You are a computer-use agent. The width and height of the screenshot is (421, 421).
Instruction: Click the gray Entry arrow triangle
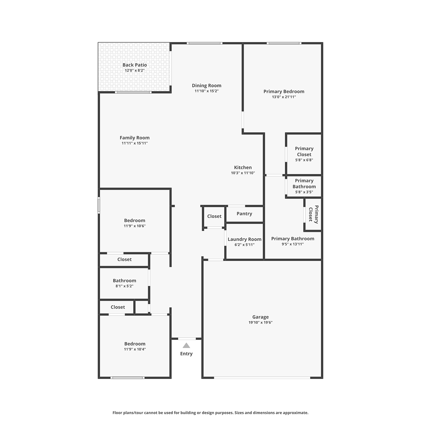coord(186,346)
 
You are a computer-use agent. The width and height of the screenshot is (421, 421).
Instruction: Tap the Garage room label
coord(260,317)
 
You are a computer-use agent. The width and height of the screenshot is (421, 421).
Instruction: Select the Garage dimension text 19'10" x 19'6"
coord(260,322)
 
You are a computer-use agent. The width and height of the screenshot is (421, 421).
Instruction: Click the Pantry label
coord(244,214)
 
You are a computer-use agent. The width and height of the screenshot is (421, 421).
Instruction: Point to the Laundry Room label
coord(245,239)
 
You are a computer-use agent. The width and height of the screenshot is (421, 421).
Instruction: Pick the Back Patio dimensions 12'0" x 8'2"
coord(135,71)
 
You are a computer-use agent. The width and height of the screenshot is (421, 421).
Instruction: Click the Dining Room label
coord(206,85)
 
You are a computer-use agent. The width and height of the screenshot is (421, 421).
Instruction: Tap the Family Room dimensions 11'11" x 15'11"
coord(135,143)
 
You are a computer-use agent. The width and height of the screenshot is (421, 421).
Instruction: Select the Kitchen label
coord(243,167)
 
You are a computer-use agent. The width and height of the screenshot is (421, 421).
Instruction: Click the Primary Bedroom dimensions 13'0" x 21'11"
coord(284,97)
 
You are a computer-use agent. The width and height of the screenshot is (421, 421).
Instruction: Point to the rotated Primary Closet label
coord(313,214)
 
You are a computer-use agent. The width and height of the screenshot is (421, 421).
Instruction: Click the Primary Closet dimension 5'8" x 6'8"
coord(304,160)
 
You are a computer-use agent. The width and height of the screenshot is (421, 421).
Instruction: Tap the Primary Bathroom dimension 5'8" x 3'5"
coord(304,192)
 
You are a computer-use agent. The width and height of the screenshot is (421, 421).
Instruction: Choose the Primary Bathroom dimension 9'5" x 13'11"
coord(293,244)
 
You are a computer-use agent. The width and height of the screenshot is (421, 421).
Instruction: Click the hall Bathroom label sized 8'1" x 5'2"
coord(124,281)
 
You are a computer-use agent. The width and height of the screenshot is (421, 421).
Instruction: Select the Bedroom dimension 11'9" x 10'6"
coord(135,226)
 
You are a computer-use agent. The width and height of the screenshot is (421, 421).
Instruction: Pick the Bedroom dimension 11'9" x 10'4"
coord(135,349)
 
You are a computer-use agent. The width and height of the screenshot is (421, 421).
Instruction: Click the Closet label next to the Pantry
coord(214,216)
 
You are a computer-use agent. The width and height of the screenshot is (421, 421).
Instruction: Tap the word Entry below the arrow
coord(186,354)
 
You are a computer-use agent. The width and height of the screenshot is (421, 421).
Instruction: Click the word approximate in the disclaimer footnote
coord(295,413)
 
